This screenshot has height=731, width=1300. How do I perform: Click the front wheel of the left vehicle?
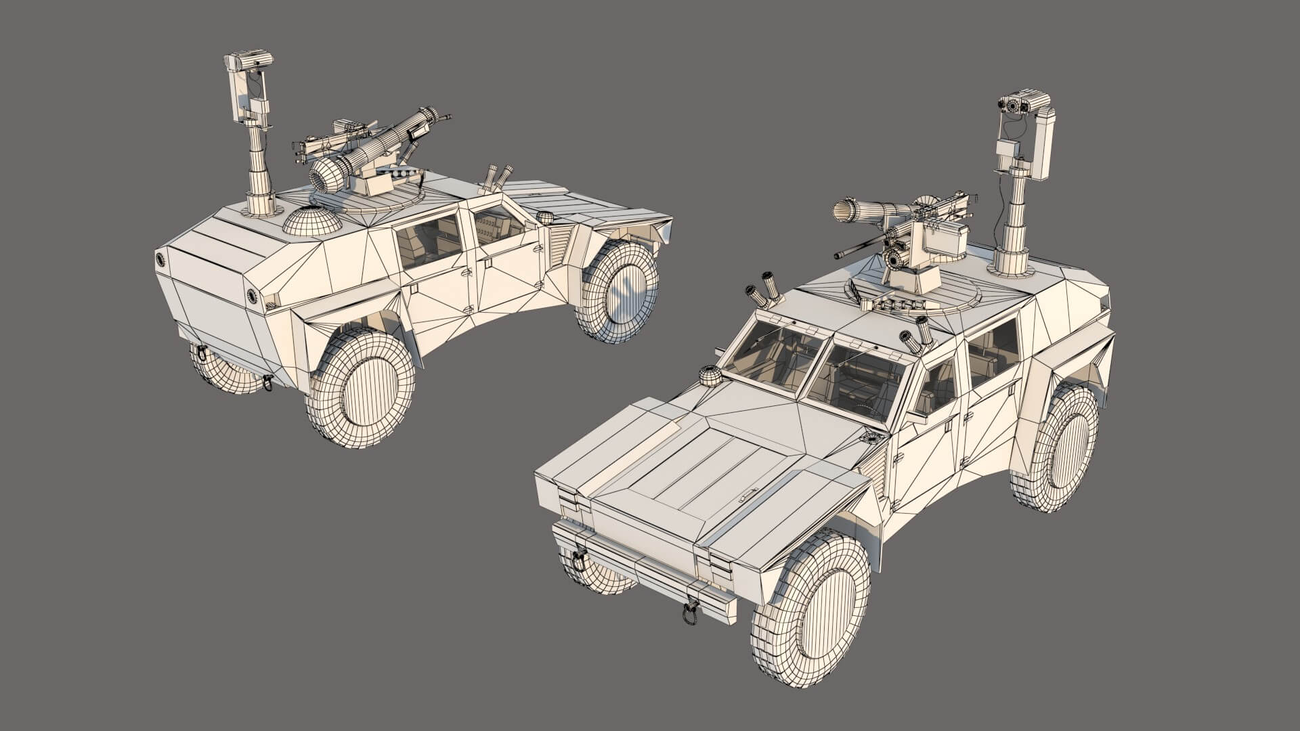(620, 291)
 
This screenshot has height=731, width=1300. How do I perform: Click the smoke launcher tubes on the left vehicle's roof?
(498, 177)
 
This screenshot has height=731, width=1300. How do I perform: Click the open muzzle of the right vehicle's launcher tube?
(844, 211)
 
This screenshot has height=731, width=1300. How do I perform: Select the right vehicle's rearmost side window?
(992, 353)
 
